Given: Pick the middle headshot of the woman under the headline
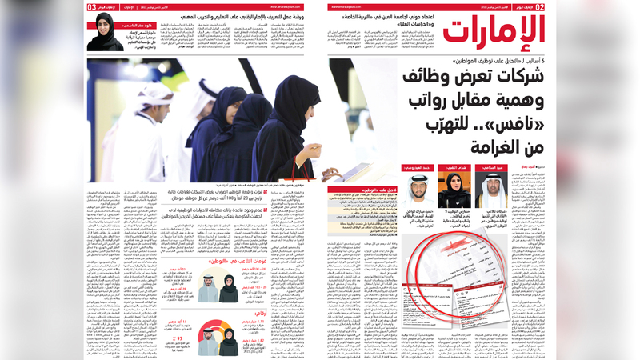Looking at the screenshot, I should (465, 189).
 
